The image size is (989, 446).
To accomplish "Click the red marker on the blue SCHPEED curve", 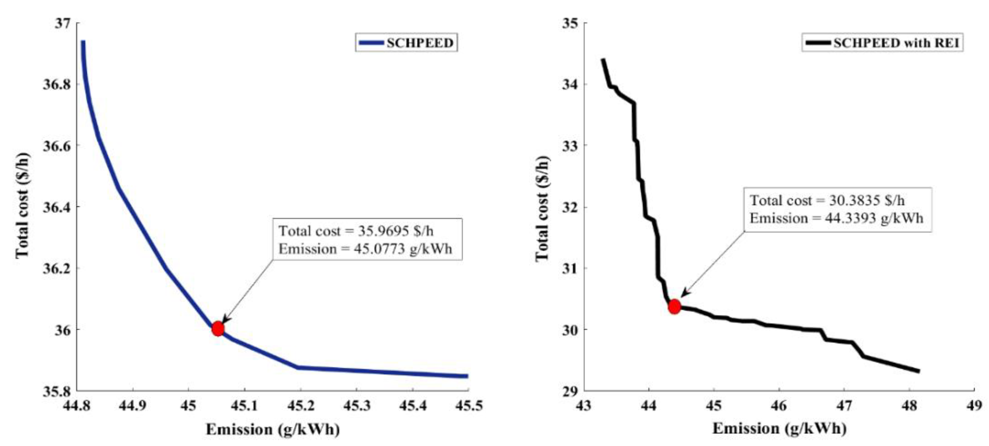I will click(218, 328).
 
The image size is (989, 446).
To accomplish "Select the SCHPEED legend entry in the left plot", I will click(406, 43).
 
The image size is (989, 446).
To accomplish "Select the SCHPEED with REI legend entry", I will click(882, 43).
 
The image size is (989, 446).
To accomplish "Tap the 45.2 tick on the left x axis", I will click(301, 405).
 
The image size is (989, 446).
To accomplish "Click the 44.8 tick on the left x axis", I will click(77, 405).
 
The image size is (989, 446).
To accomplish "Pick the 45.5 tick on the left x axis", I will click(468, 405).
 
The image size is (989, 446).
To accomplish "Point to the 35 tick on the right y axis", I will click(570, 23).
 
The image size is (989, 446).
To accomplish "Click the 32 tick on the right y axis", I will click(570, 207).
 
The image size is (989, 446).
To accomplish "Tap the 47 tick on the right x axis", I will click(844, 405).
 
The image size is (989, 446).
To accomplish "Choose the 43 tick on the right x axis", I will click(584, 405).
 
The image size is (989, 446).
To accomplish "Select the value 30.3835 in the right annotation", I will click(854, 200).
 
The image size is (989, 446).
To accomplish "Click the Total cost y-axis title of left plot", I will click(22, 206).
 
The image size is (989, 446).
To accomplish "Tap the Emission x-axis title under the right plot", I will click(779, 428).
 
